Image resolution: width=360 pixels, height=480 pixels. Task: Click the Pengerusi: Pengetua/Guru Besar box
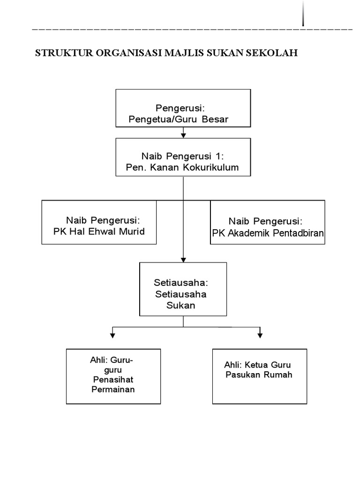click(183, 108)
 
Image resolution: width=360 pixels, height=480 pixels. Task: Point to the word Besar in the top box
click(216, 120)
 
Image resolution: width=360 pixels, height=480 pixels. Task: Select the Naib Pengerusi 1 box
click(183, 157)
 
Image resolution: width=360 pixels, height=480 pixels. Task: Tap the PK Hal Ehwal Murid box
click(99, 222)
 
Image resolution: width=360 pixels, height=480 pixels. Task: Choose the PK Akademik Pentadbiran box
click(267, 222)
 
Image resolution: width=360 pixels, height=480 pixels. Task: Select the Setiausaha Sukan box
click(183, 289)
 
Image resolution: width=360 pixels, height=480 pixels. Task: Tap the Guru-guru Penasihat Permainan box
click(113, 376)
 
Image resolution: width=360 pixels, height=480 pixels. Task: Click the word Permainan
click(113, 389)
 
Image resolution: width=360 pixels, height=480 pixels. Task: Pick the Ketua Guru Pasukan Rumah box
click(260, 376)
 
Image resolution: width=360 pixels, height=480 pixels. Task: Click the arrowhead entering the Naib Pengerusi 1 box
click(183, 135)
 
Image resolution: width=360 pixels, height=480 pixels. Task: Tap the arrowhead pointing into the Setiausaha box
click(183, 259)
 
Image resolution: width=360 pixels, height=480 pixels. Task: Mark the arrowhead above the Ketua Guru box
click(260, 335)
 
